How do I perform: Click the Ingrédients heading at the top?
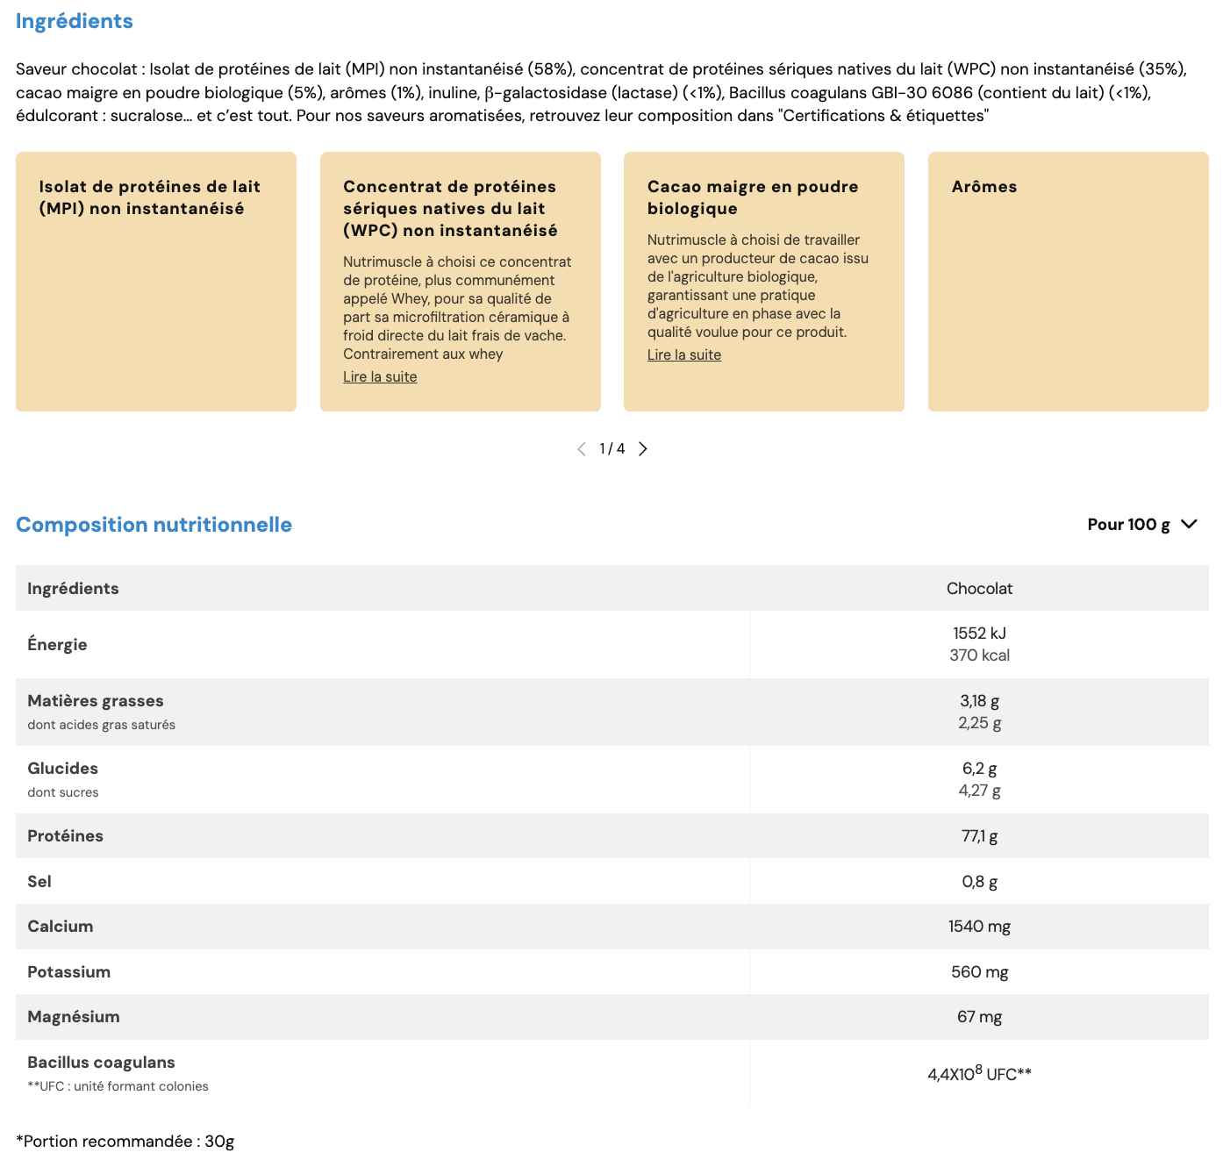75,21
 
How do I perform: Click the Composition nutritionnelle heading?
154,525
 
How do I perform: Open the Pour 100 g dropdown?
1141,525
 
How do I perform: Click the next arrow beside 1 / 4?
643,449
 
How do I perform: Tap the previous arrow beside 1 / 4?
582,449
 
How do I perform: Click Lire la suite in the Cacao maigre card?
684,354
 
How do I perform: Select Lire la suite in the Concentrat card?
380,376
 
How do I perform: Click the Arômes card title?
984,187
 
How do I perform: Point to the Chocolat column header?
979,589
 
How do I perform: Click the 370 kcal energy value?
979,655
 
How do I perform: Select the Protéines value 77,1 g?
979,836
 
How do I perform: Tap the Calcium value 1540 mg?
979,927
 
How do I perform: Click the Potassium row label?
69,972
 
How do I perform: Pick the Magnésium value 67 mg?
979,1017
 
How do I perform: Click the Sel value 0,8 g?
979,882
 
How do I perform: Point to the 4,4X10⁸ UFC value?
979,1074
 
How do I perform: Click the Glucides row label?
63,769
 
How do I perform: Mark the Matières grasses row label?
96,701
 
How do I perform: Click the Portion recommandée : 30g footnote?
125,1142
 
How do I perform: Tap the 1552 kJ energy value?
979,634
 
